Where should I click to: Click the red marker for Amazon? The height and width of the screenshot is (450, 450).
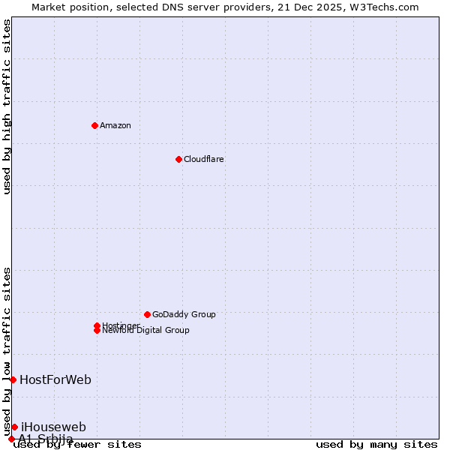click(94, 125)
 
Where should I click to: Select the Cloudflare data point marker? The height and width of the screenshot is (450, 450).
click(178, 159)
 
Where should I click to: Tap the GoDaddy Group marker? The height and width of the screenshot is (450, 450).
click(147, 314)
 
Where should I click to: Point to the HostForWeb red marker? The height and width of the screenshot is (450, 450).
click(13, 379)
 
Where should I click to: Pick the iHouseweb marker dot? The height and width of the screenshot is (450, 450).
click(14, 427)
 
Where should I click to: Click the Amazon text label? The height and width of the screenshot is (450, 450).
click(115, 125)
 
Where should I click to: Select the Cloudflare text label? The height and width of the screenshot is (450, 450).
click(204, 159)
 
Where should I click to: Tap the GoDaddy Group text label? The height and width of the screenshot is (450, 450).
click(184, 314)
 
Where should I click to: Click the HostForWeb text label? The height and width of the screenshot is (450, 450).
click(55, 379)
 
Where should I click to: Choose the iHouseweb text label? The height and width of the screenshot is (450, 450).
click(53, 427)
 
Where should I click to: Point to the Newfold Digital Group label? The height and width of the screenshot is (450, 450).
click(146, 331)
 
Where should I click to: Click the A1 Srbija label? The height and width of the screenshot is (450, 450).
click(46, 439)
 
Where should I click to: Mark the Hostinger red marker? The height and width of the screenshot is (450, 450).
click(97, 325)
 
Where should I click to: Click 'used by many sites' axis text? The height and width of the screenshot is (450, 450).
click(376, 444)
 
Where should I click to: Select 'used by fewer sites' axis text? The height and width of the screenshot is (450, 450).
click(78, 444)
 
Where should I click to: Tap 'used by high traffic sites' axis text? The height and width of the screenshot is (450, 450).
click(7, 106)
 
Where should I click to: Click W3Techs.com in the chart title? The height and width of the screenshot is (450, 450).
click(382, 7)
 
